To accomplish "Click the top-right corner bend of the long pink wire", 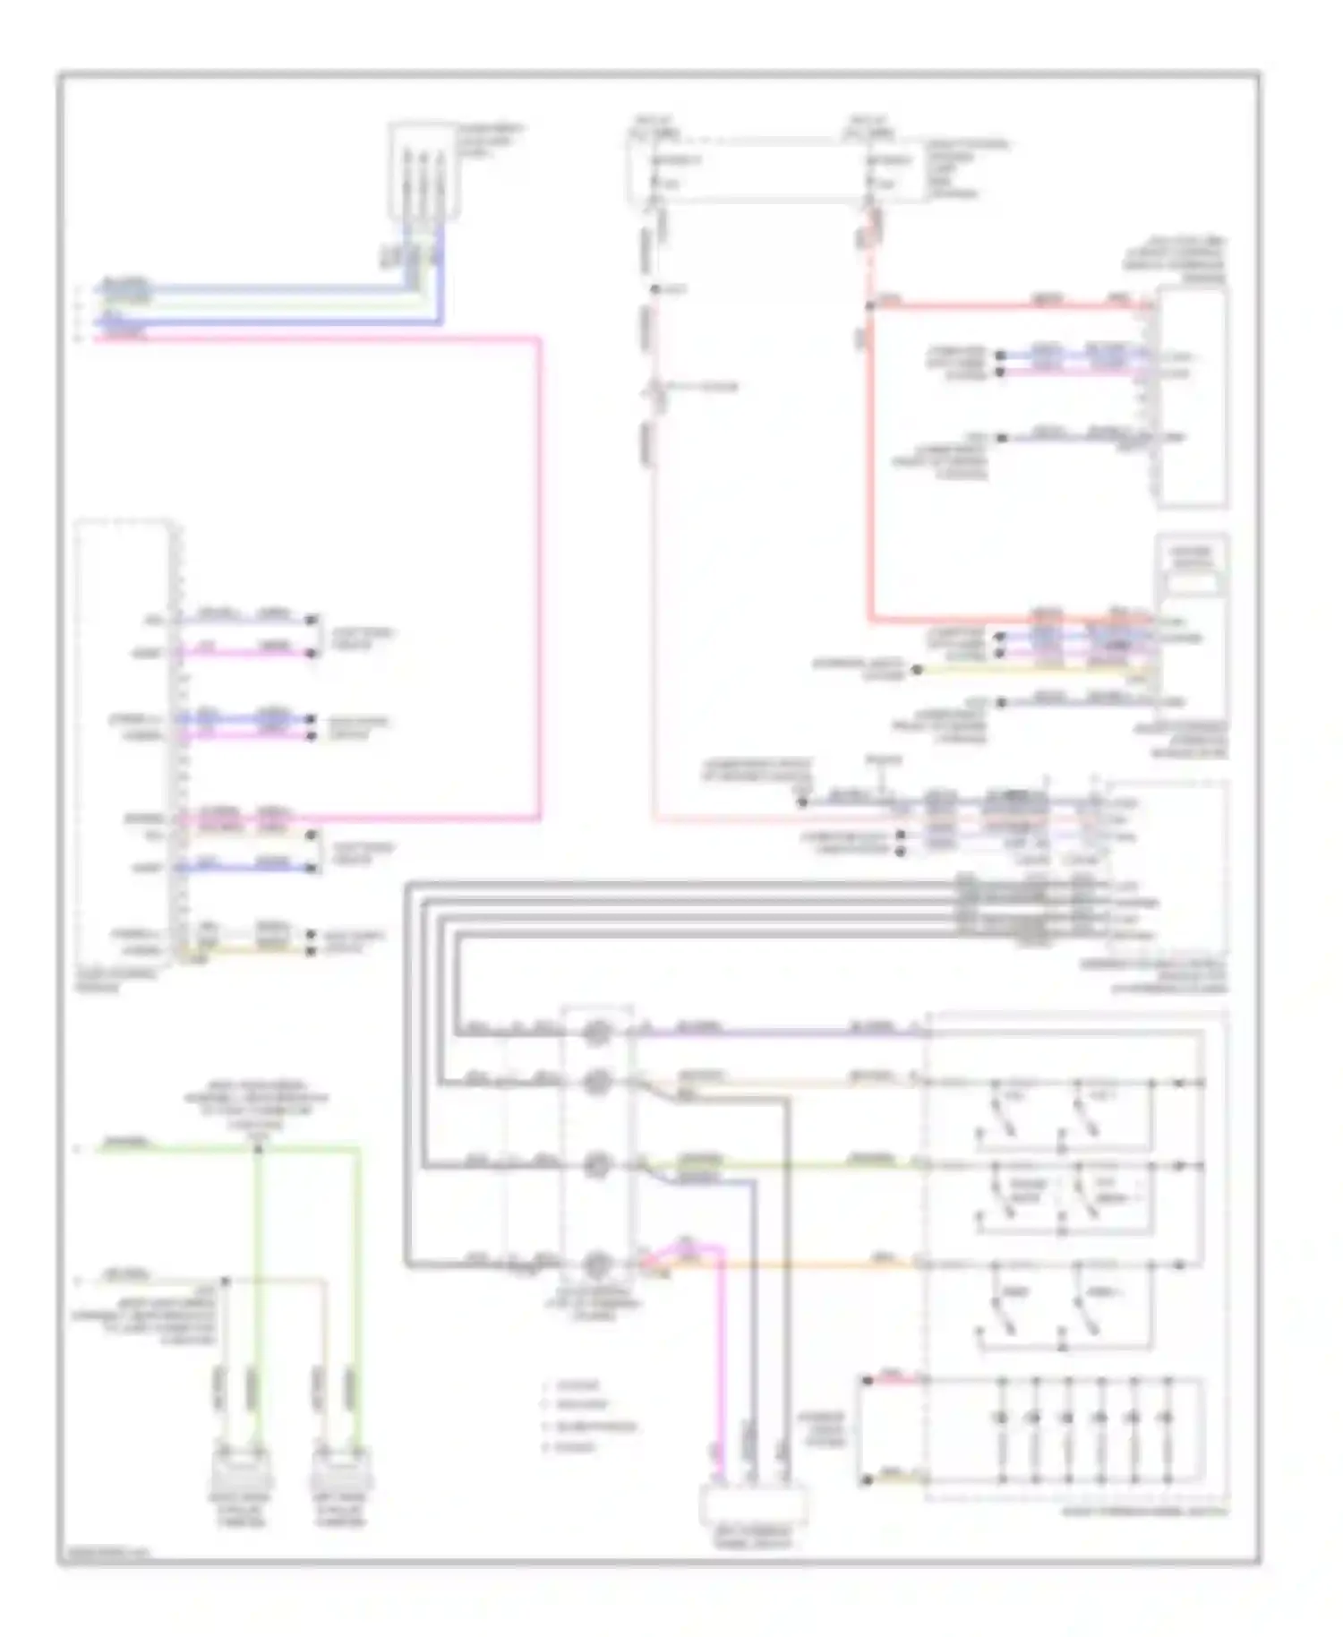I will (x=539, y=339).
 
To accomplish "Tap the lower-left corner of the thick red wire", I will (x=870, y=619).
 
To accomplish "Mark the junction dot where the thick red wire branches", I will (x=870, y=306).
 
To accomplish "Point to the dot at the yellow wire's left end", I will (x=916, y=669).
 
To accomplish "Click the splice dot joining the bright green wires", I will (x=257, y=1148).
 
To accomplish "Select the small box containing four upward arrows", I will (x=423, y=170).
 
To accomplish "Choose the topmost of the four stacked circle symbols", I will (x=597, y=1034).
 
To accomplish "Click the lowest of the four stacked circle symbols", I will (x=597, y=1265).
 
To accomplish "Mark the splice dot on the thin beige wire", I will (x=225, y=1281).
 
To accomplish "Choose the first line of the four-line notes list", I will (x=577, y=1385).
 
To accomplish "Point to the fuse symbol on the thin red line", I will (x=656, y=390).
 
